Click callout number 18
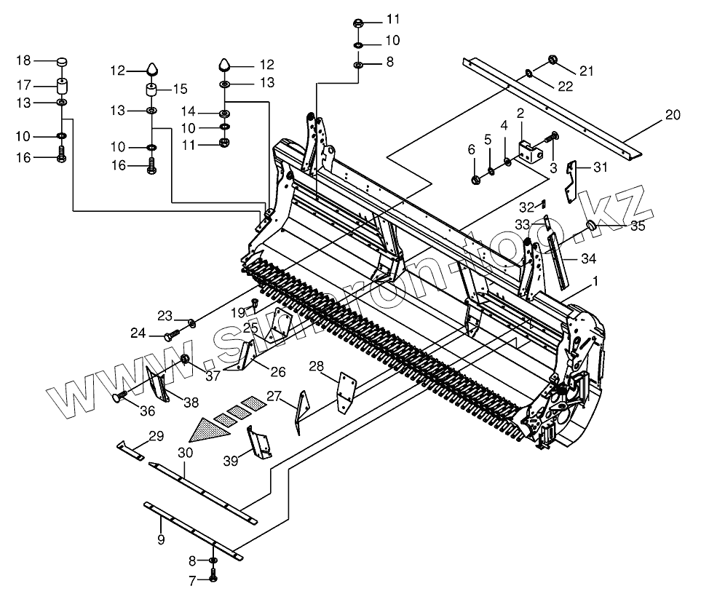point(23,60)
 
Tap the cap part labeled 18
point(61,61)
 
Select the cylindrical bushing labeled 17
point(61,84)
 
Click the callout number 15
point(179,90)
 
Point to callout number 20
point(672,114)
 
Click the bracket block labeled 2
point(531,152)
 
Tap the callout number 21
point(587,70)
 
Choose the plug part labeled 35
point(592,226)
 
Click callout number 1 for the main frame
point(595,280)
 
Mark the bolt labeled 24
point(172,336)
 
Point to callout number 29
point(156,437)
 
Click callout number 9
point(161,539)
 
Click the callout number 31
point(600,168)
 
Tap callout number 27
point(273,396)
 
